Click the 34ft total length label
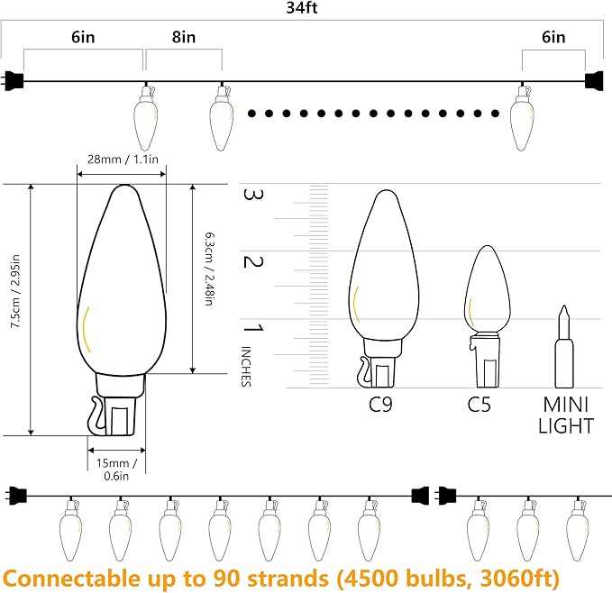[x=302, y=8]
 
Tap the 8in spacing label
[x=184, y=37]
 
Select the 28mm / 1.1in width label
[x=123, y=160]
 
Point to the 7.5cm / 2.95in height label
[x=15, y=291]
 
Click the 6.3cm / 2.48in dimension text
[x=210, y=269]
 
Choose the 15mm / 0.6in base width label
[x=116, y=470]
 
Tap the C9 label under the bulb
[x=380, y=404]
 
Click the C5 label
[x=479, y=404]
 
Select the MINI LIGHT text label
[x=565, y=415]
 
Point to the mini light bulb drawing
[x=564, y=346]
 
